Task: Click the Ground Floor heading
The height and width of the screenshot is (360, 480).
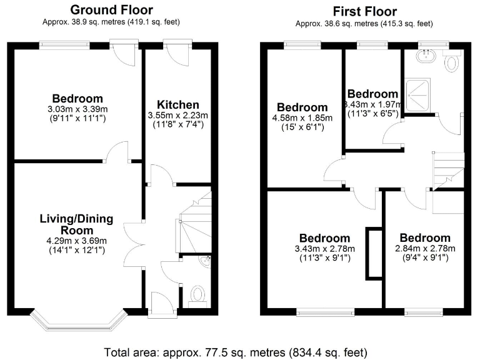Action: [111, 9]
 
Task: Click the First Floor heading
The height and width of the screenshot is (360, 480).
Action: [364, 11]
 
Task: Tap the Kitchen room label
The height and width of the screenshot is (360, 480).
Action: [178, 104]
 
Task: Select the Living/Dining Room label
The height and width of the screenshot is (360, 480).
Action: [76, 224]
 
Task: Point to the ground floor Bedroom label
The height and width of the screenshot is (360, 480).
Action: [77, 98]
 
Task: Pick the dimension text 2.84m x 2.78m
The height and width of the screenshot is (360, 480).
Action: [424, 249]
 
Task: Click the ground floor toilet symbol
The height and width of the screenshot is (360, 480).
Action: [197, 295]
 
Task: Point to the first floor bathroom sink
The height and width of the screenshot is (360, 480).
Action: [428, 56]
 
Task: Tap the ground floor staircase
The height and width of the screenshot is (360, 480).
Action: [195, 222]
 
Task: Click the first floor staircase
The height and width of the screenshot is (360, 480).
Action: [449, 170]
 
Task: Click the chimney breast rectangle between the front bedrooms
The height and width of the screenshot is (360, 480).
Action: [374, 254]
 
